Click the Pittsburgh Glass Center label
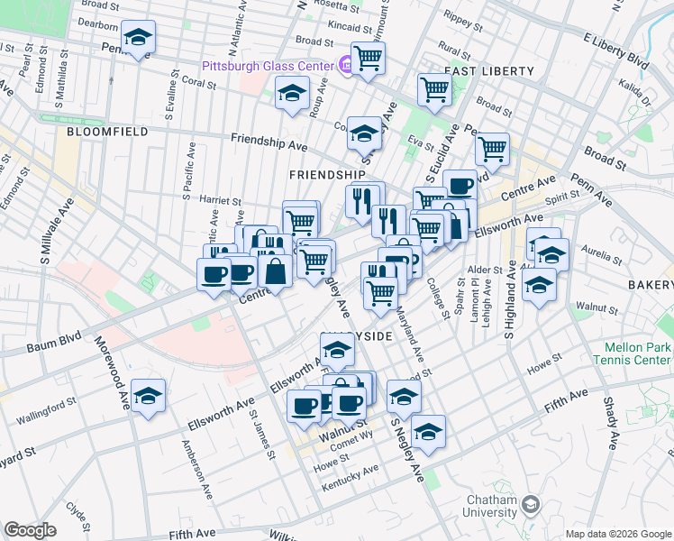tap(267, 66)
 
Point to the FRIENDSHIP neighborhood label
tap(327, 174)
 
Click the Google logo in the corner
tap(30, 530)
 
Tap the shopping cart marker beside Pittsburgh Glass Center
tap(368, 58)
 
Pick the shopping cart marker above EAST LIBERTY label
tap(434, 89)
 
